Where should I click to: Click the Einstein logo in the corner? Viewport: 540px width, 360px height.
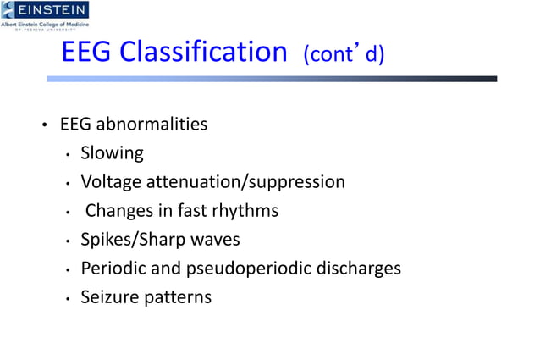(45, 14)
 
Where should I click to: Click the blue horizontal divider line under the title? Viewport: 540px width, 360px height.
(271, 79)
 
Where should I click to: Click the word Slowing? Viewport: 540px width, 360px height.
(112, 153)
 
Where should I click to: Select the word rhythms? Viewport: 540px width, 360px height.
(245, 210)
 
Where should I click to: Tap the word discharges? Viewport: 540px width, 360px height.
(363, 269)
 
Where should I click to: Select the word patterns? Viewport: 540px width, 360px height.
(179, 297)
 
